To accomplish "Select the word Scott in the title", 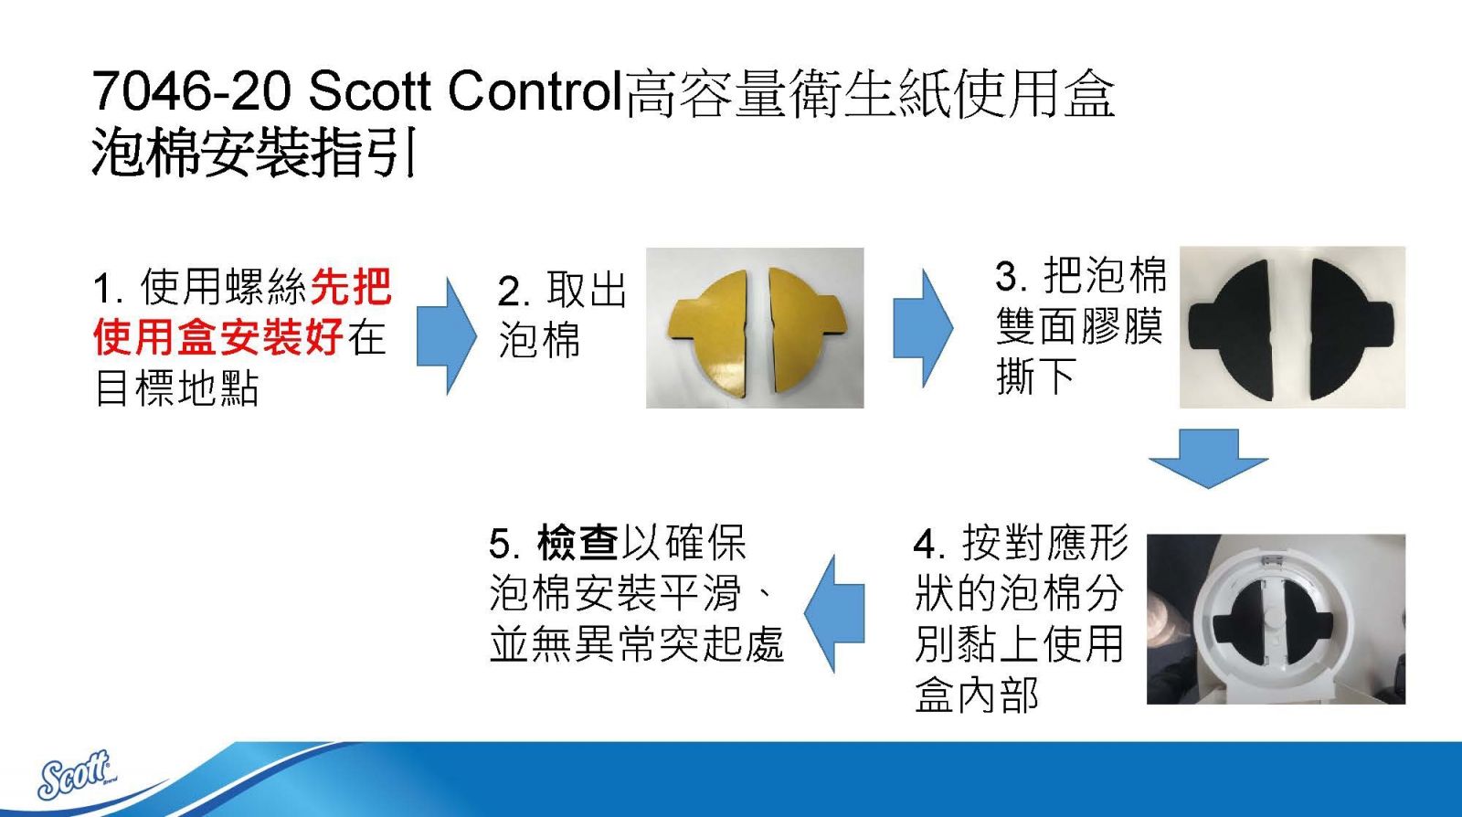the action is click(x=369, y=91).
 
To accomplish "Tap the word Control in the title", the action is click(x=535, y=91).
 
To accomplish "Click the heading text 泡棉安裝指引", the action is click(x=253, y=152).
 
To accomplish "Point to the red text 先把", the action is click(x=351, y=286).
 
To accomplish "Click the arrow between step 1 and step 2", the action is click(x=447, y=335).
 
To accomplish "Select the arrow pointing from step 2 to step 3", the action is click(x=922, y=328).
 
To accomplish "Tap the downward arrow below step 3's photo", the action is click(x=1208, y=458).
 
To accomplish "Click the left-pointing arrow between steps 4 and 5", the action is click(x=833, y=613).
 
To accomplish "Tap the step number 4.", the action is click(x=927, y=545).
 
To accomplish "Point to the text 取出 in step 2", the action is click(x=586, y=290).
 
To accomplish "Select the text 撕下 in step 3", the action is click(x=1036, y=377).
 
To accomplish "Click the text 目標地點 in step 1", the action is click(x=177, y=388).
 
